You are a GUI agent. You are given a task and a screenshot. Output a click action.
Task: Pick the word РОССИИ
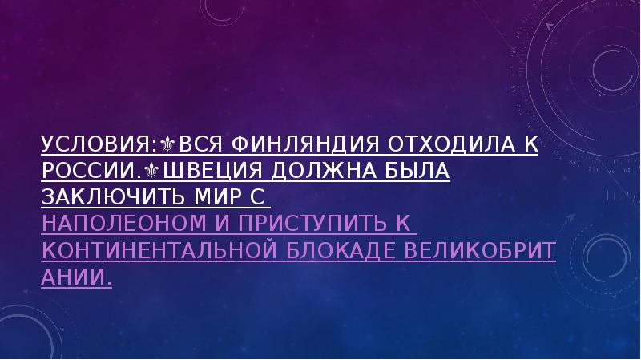point(87,172)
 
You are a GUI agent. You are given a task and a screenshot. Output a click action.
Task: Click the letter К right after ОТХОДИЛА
point(531,146)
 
